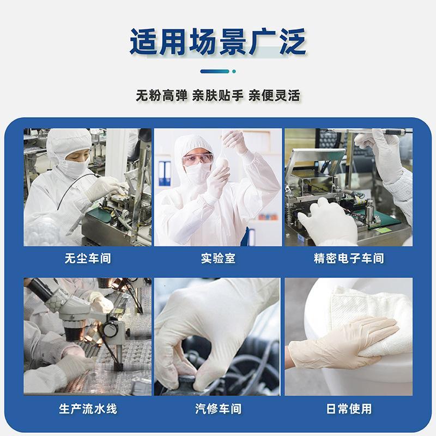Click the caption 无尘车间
(x=87, y=258)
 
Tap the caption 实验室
(x=218, y=258)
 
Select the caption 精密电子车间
(x=349, y=258)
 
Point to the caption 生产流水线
(x=87, y=408)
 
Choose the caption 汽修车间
(x=218, y=408)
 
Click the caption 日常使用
(x=348, y=408)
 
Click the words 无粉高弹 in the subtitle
(x=161, y=96)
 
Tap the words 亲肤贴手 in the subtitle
(x=218, y=96)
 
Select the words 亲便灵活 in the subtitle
(x=274, y=96)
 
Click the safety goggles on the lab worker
(x=197, y=159)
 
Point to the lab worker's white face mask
(x=198, y=173)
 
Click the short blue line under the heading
(x=214, y=71)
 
